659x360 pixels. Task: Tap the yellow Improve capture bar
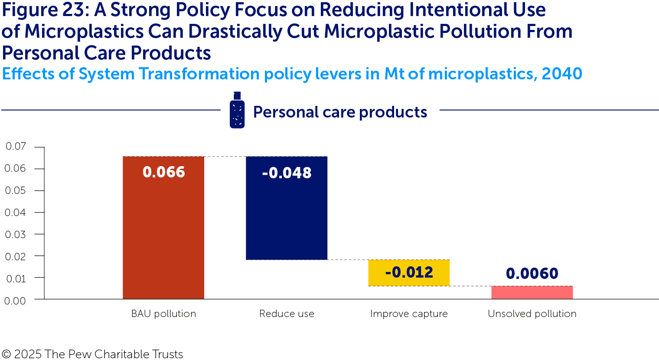pos(409,272)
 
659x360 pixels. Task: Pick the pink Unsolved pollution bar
pos(532,293)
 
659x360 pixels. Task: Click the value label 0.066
pos(163,172)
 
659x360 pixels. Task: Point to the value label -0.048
pos(287,173)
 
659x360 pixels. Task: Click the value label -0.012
pos(409,272)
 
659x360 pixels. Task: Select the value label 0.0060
pos(532,274)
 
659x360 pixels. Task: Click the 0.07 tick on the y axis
pos(16,146)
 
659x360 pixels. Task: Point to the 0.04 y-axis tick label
pos(15,213)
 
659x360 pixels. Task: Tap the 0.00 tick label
pos(15,301)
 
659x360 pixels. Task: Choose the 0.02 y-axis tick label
pos(15,256)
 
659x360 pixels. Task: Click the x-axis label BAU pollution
pos(163,314)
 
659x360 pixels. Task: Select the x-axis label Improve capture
pos(409,314)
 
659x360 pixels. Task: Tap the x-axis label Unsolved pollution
pos(532,314)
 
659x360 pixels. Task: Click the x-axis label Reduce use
pos(287,314)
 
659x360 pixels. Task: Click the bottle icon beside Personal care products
pos(237,111)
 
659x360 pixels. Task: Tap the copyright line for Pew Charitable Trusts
pos(92,354)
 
